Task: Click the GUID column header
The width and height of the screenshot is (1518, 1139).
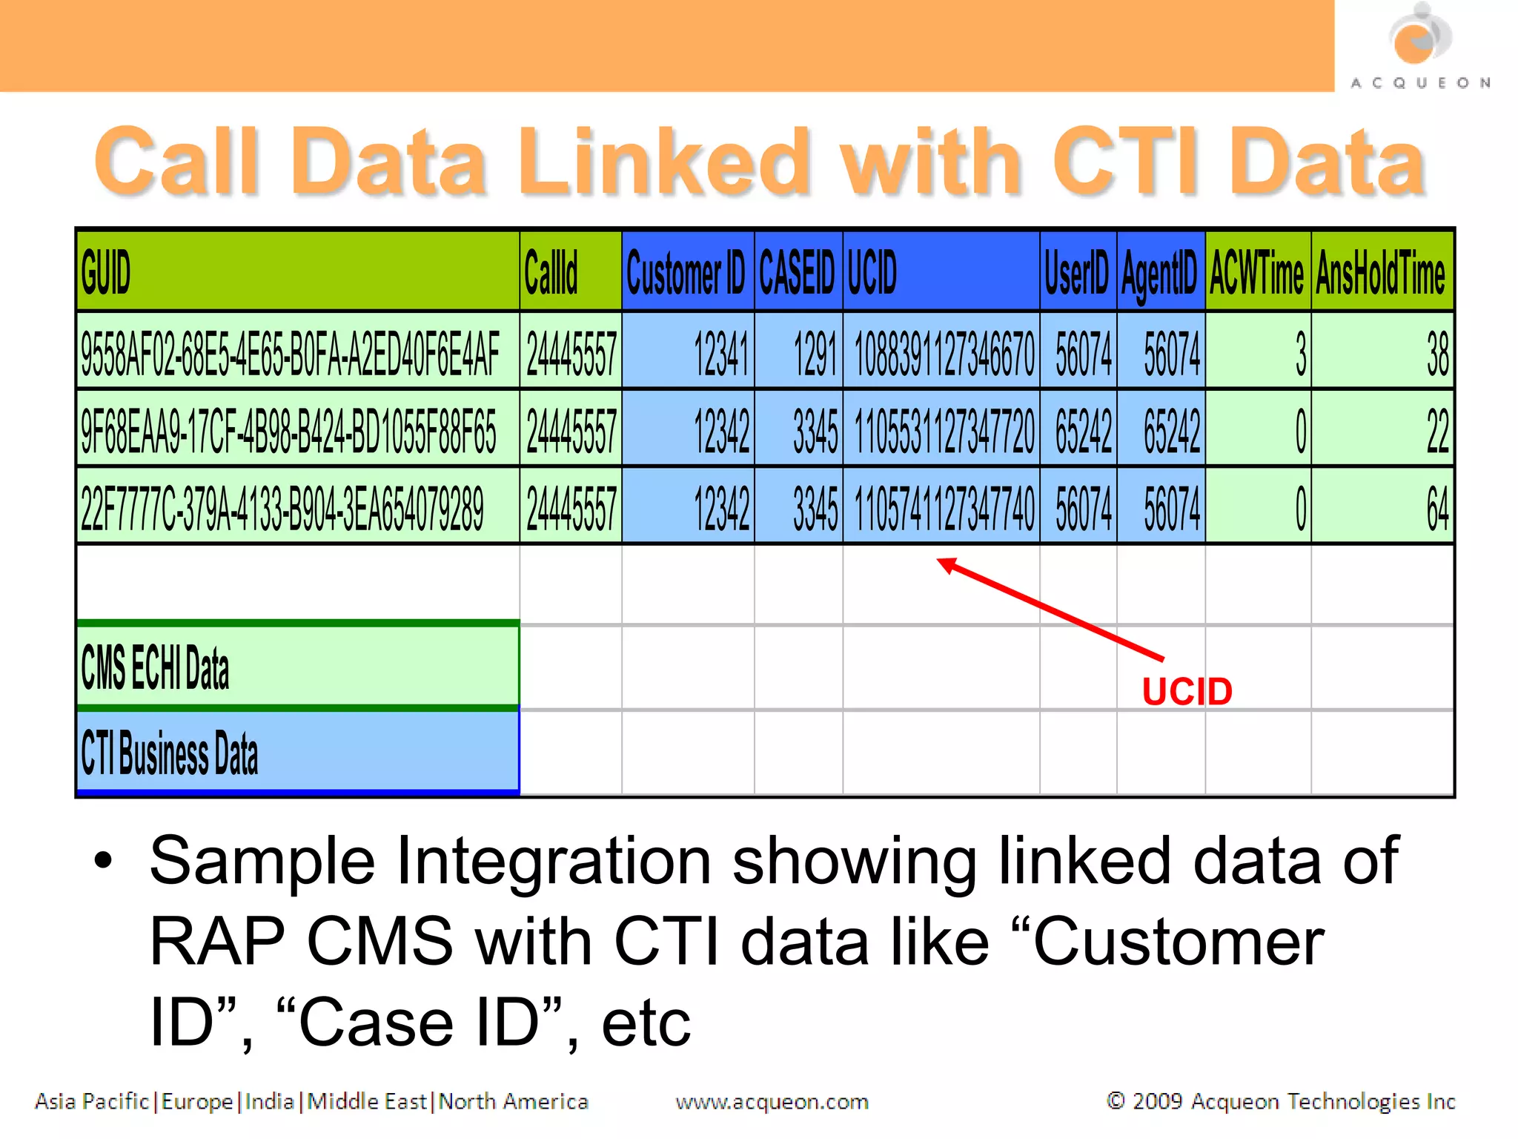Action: click(x=296, y=271)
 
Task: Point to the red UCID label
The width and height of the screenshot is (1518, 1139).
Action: click(x=1187, y=692)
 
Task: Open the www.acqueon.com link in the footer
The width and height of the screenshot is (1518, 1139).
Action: click(x=772, y=1102)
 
